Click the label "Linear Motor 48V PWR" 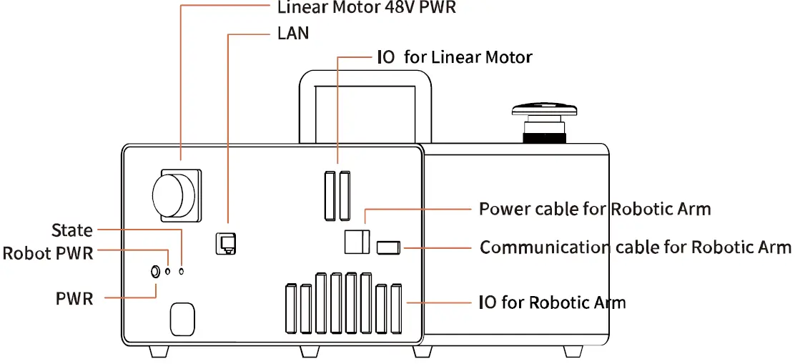pyautogui.click(x=366, y=9)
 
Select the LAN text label pyautogui.click(x=292, y=33)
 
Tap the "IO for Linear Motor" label pyautogui.click(x=454, y=57)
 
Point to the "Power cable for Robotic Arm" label pyautogui.click(x=595, y=209)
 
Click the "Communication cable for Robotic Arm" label pyautogui.click(x=635, y=247)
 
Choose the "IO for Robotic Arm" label pyautogui.click(x=552, y=302)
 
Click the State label pyautogui.click(x=72, y=230)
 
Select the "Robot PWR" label pyautogui.click(x=48, y=253)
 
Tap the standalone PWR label pyautogui.click(x=74, y=297)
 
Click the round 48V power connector pyautogui.click(x=174, y=193)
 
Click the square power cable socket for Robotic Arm pyautogui.click(x=357, y=242)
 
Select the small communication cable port pyautogui.click(x=387, y=247)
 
